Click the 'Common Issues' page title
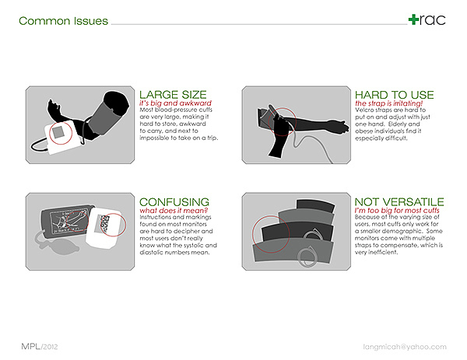pyautogui.click(x=63, y=21)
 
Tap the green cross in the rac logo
pyautogui.click(x=414, y=19)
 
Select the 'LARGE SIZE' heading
pyautogui.click(x=173, y=95)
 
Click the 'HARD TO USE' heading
pyautogui.click(x=395, y=95)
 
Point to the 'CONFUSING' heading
pyautogui.click(x=174, y=202)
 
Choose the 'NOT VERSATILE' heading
pyautogui.click(x=399, y=202)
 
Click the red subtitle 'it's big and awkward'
pyautogui.click(x=175, y=103)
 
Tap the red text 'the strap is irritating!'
pyautogui.click(x=388, y=103)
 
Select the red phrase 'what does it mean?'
pyautogui.click(x=174, y=211)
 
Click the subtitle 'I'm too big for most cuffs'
pyautogui.click(x=397, y=211)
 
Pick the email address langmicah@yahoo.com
pyautogui.click(x=405, y=347)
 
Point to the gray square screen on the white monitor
pyautogui.click(x=58, y=131)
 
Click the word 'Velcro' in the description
pyautogui.click(x=364, y=110)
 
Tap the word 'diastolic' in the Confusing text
pyautogui.click(x=152, y=253)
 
